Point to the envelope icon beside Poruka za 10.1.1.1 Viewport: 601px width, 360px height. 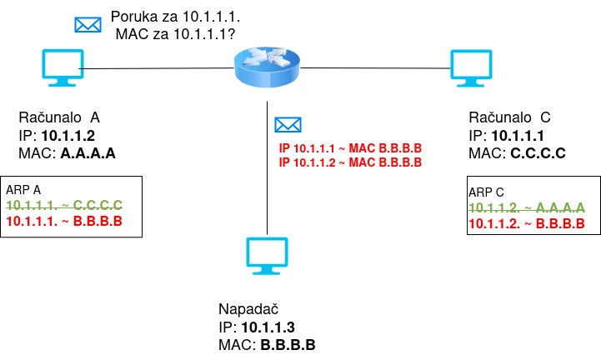88,23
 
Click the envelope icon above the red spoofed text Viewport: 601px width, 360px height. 288,125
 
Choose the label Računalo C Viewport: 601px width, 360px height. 509,116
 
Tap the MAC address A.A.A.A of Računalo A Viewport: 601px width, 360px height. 88,153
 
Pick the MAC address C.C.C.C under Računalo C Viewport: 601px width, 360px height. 538,153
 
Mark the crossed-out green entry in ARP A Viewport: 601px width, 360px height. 64,204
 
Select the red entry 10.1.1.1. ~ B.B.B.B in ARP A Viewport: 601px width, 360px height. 64,221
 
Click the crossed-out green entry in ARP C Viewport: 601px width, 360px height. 526,207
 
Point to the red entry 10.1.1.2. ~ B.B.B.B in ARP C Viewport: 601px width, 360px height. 526,224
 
